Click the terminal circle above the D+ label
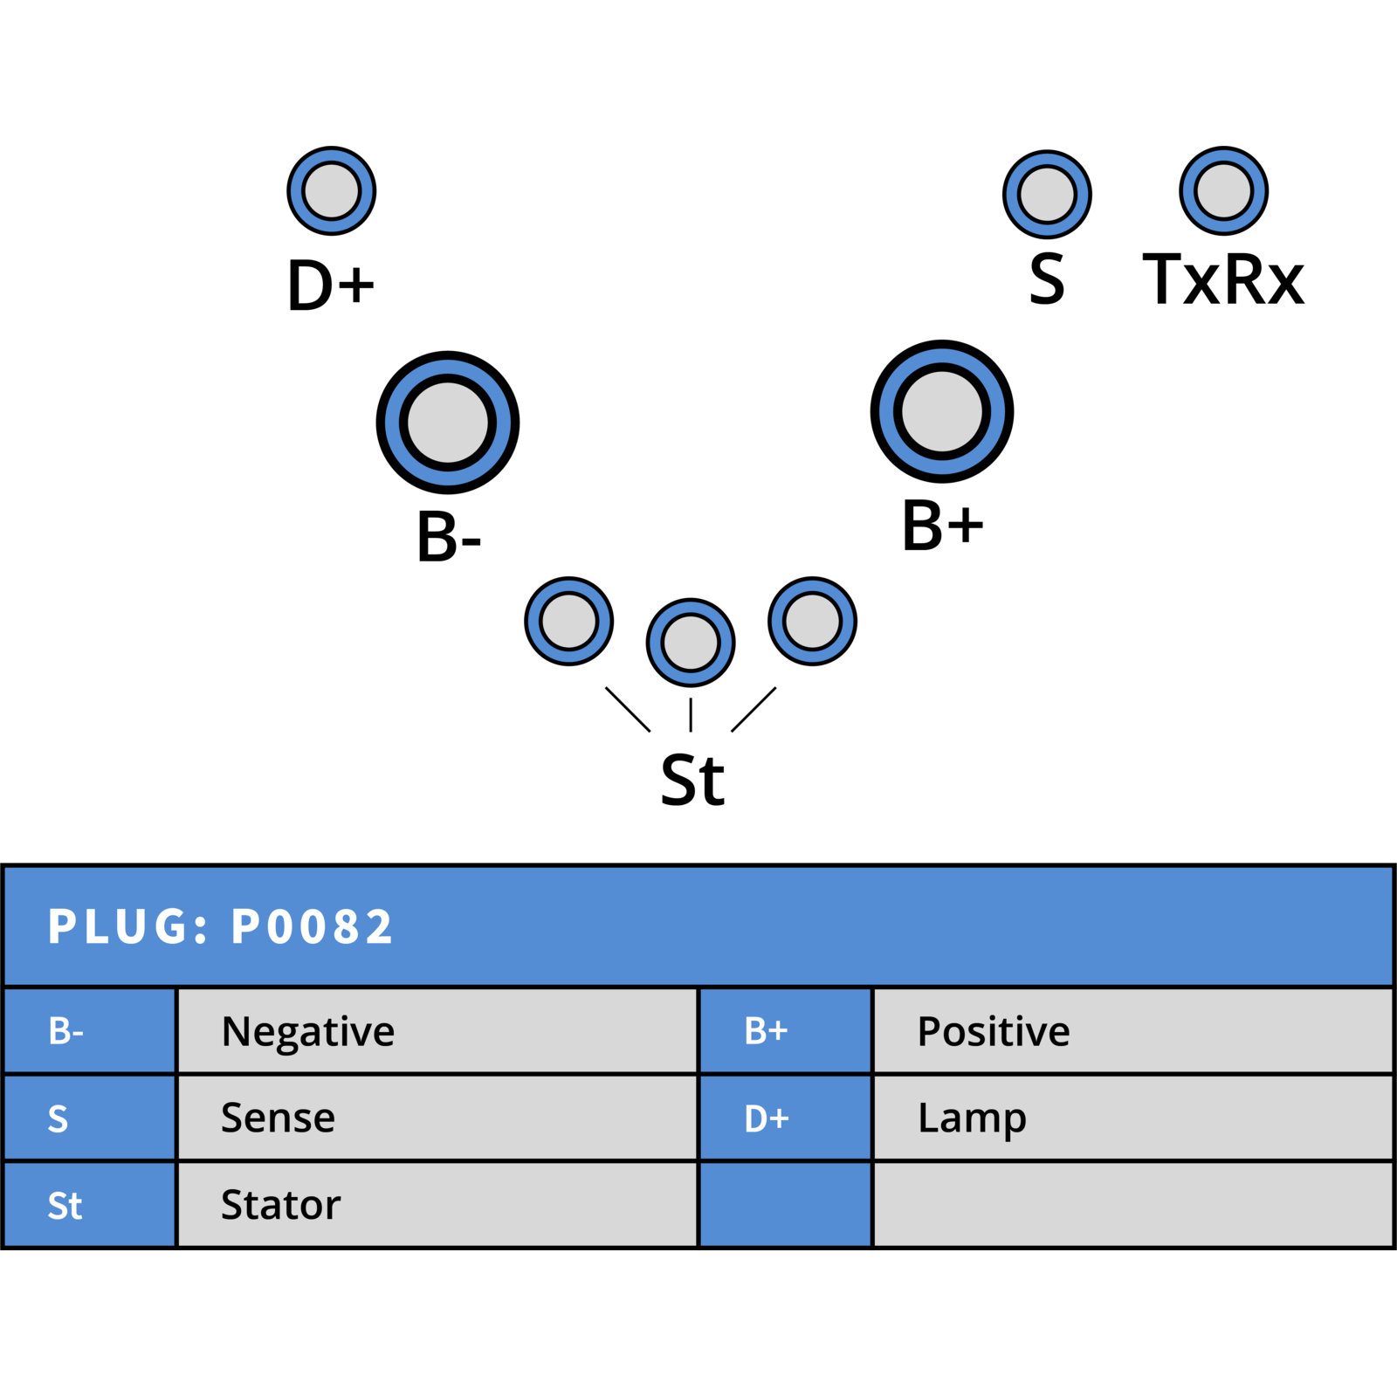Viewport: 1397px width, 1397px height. (x=332, y=190)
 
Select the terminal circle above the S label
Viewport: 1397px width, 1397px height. (x=1047, y=194)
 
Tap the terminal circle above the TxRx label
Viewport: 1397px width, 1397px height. (x=1223, y=190)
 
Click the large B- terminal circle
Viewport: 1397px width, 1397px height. (x=447, y=423)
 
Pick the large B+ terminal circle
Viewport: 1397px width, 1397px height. (x=942, y=411)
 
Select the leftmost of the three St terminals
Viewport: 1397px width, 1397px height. (x=568, y=621)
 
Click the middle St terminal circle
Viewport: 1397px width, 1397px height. (x=691, y=643)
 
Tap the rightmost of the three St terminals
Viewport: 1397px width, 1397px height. (x=812, y=621)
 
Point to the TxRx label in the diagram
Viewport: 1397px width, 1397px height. (x=1223, y=279)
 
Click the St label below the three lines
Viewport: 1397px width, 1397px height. (x=692, y=780)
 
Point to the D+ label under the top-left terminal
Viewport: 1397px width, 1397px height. (x=331, y=285)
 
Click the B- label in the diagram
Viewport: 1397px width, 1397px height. (x=449, y=535)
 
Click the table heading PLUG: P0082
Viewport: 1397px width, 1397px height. (x=220, y=926)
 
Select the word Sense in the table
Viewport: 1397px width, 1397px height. (x=278, y=1118)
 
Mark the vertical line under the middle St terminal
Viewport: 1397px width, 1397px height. (x=691, y=714)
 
